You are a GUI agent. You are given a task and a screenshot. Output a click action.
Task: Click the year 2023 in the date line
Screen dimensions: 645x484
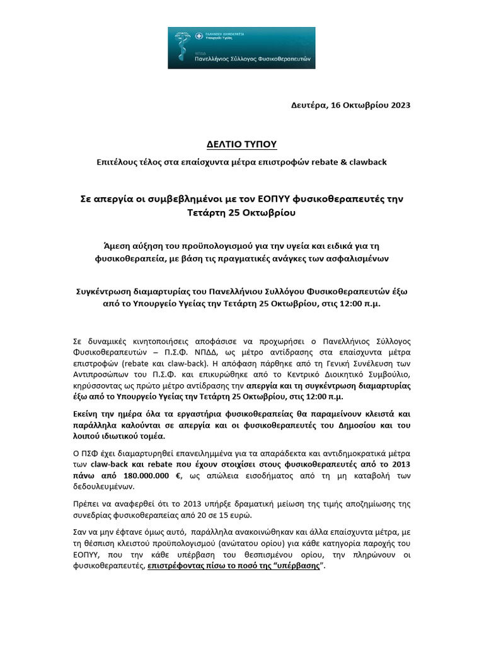pyautogui.click(x=397, y=105)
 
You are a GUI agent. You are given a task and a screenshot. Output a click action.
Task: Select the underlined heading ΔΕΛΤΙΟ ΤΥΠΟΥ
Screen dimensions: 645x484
pyautogui.click(x=242, y=145)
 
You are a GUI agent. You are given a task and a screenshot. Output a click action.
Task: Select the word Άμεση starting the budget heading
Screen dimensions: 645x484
pyautogui.click(x=117, y=246)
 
